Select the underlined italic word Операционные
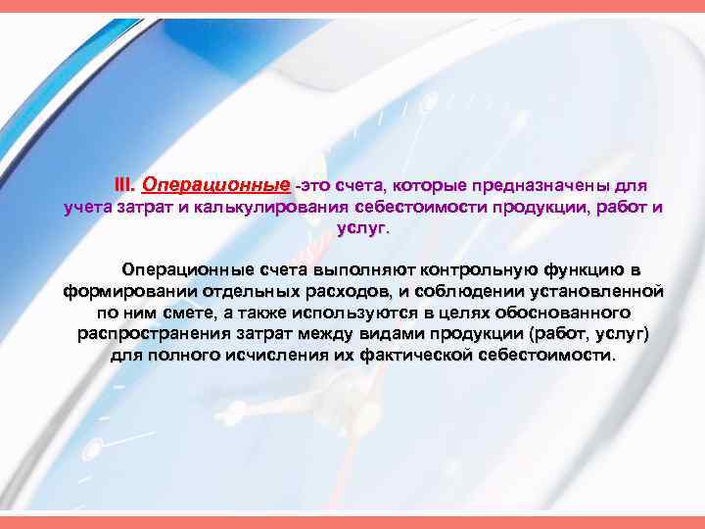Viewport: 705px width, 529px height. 215,184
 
